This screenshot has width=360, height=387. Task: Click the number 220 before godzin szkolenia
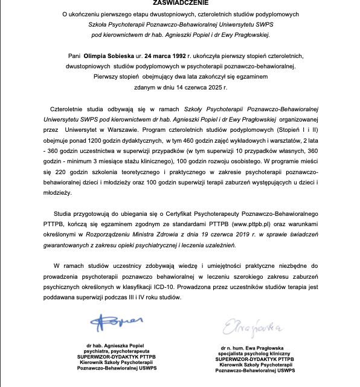(57, 172)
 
